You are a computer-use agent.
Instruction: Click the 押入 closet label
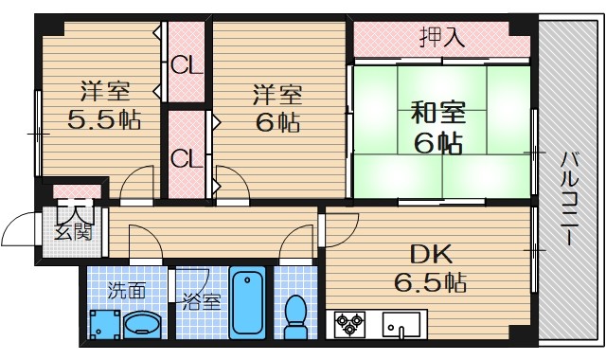[x=442, y=38]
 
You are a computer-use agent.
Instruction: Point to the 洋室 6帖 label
[x=276, y=108]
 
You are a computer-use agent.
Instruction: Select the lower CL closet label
[x=186, y=157]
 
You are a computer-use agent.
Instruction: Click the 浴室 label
[x=200, y=303]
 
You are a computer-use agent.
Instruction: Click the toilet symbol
[x=296, y=315]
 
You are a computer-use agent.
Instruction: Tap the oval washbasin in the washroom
[x=142, y=325]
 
